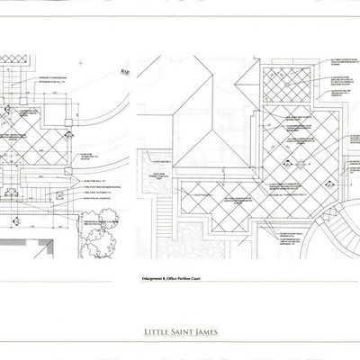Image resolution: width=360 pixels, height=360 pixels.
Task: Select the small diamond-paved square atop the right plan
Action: click(287, 86)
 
